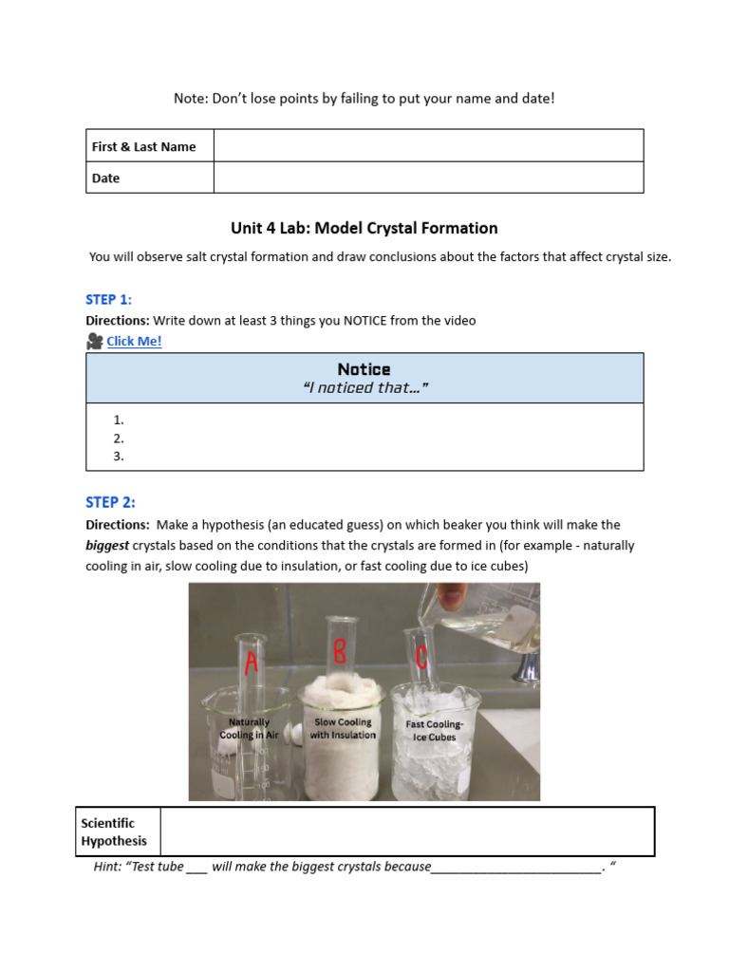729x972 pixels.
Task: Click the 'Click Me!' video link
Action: [134, 342]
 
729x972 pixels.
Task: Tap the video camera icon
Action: [94, 342]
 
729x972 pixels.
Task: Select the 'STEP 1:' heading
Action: [108, 300]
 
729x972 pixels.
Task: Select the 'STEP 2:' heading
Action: [110, 502]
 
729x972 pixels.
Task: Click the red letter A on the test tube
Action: [251, 664]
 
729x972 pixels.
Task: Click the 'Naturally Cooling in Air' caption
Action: [250, 729]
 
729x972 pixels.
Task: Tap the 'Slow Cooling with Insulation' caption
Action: [343, 728]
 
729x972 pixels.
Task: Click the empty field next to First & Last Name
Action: [428, 146]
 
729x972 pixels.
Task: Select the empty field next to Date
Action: [428, 178]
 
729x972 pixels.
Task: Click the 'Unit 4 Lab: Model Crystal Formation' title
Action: [364, 228]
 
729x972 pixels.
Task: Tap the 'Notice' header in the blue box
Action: [364, 369]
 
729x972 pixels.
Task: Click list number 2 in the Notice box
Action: [119, 439]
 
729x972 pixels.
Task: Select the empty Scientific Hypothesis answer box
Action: [407, 832]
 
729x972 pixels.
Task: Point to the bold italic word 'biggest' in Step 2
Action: [107, 546]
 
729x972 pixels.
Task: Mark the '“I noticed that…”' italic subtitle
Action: [364, 387]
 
